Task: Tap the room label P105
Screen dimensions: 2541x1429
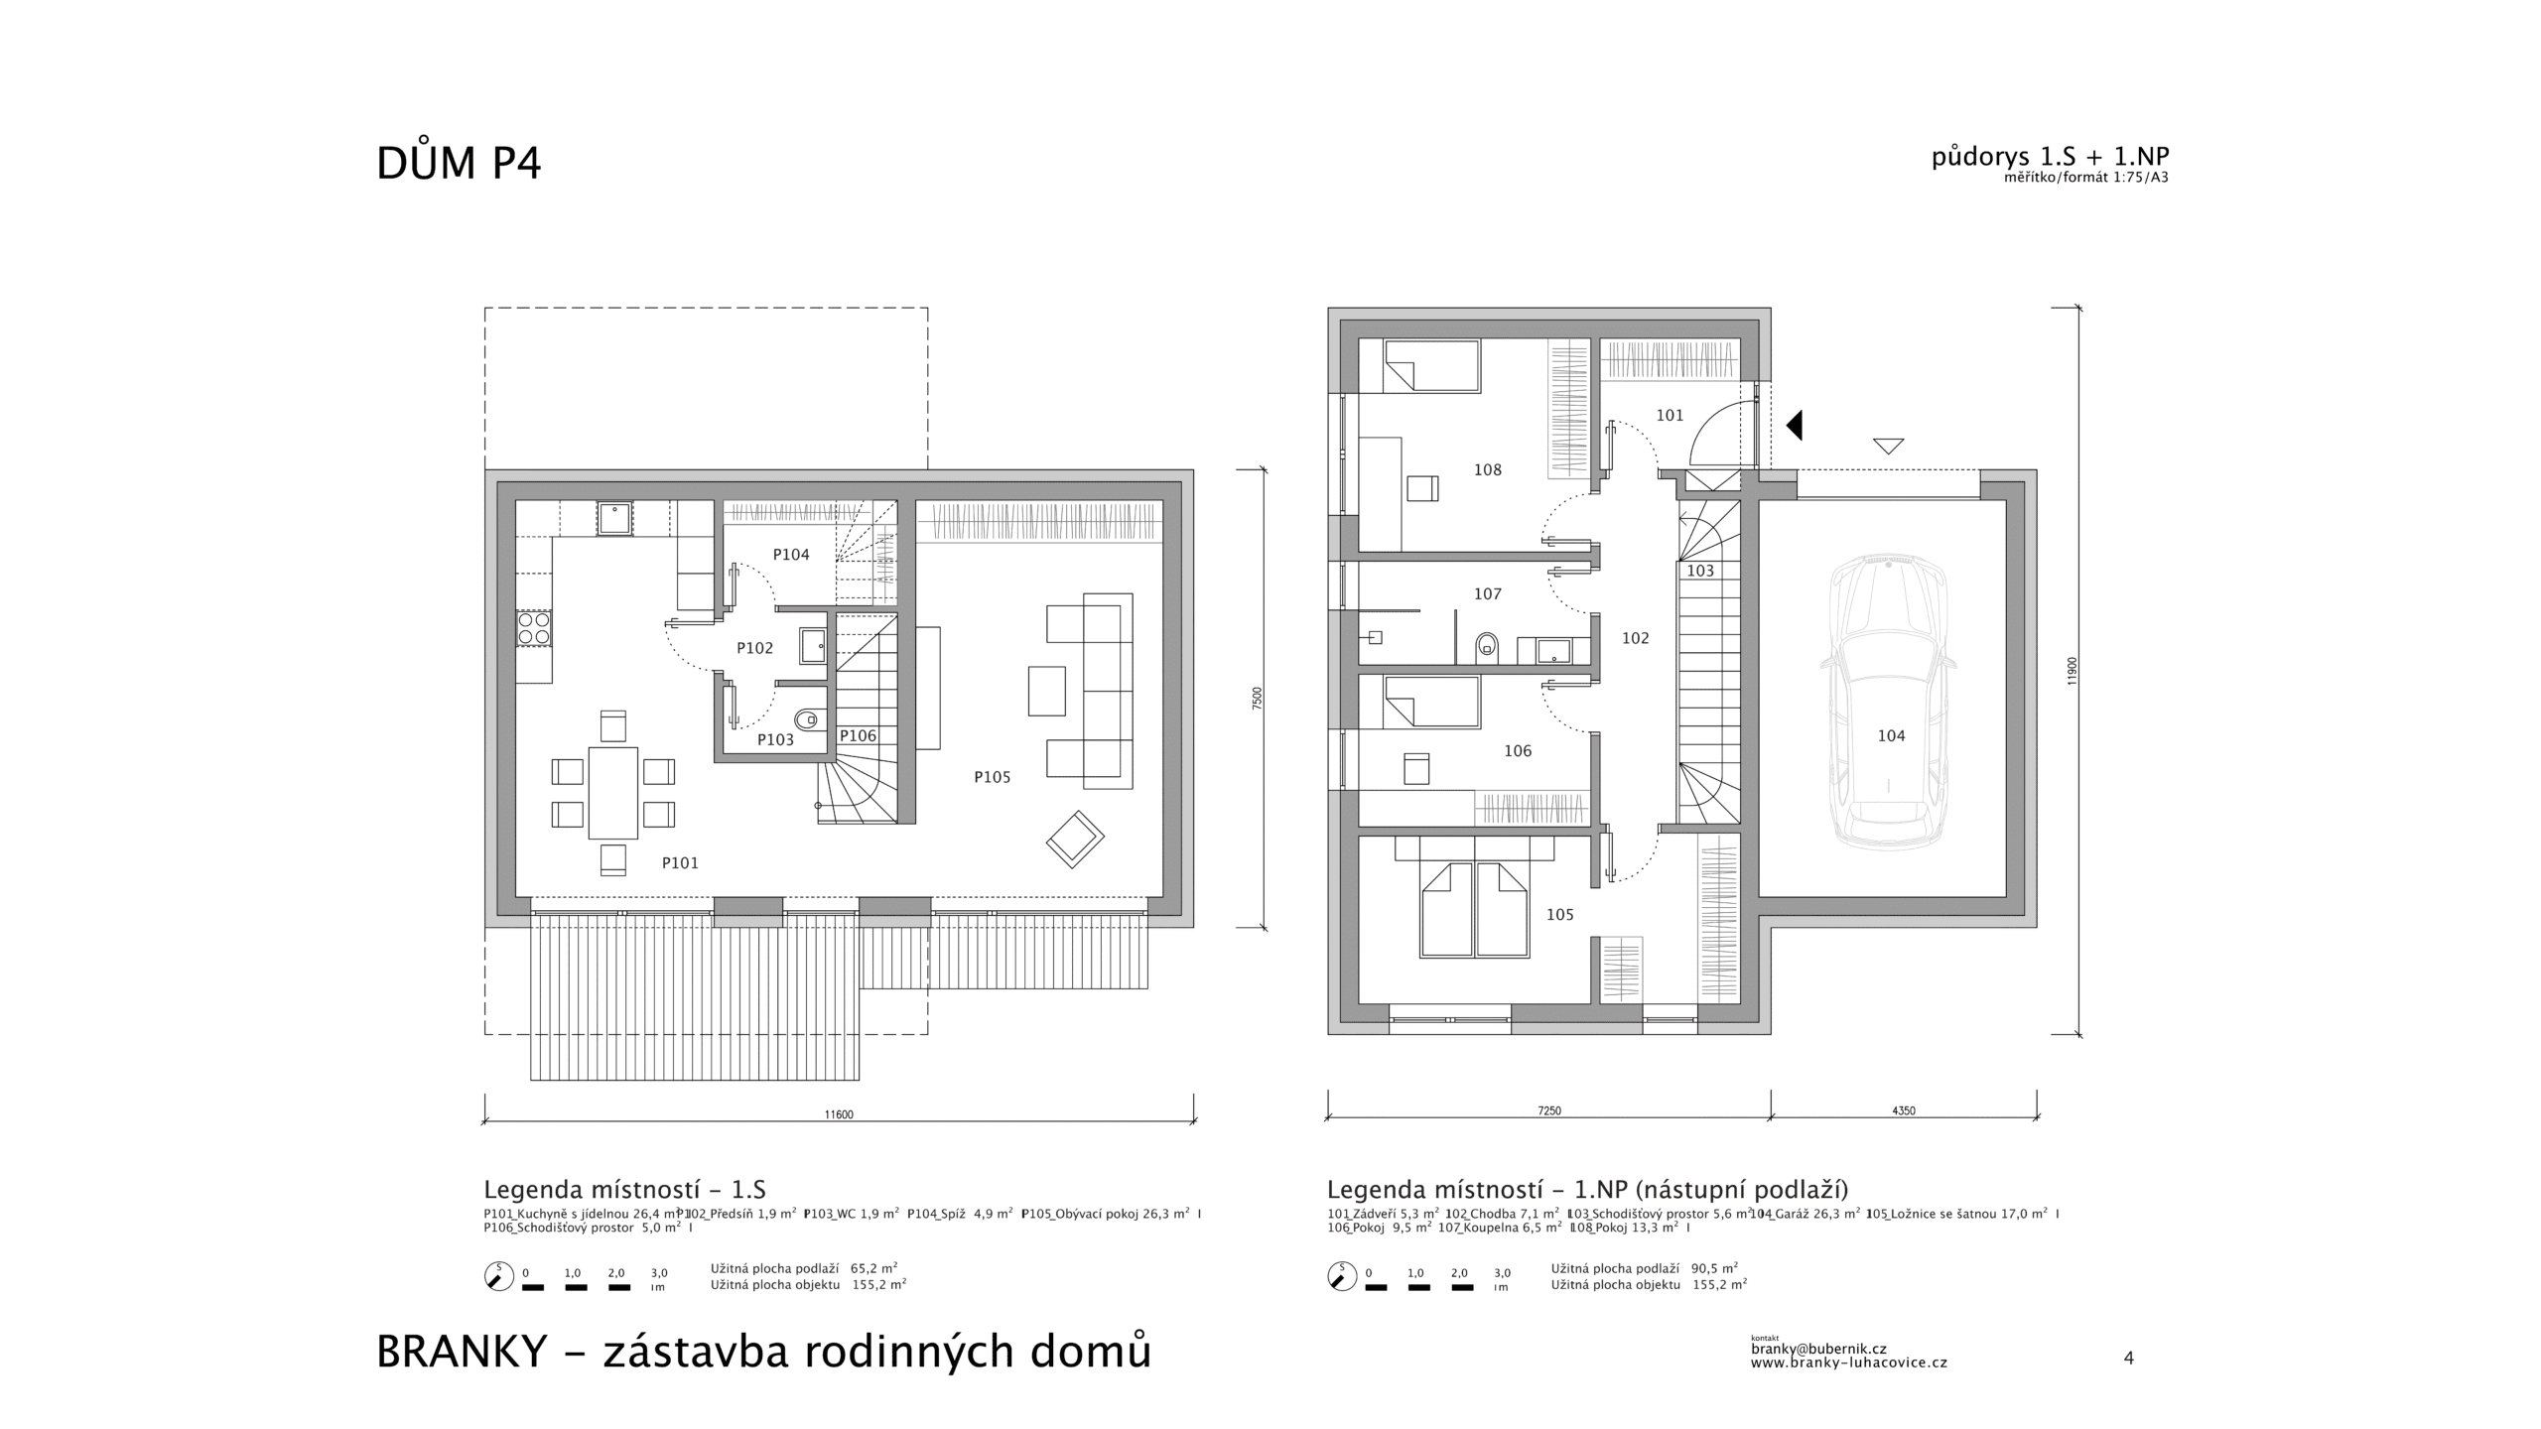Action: coord(992,777)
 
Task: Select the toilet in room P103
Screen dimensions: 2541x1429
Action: coord(810,718)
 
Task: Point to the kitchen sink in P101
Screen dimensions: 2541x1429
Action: coord(615,519)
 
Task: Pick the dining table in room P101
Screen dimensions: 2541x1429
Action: coord(612,793)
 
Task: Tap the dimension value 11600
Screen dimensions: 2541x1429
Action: coord(839,1114)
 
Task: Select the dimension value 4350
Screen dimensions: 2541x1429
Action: coord(1903,1110)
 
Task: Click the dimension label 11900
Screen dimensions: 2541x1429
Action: coord(2072,671)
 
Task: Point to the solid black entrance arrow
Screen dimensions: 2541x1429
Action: coord(1794,426)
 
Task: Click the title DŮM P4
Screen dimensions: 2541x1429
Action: coord(459,164)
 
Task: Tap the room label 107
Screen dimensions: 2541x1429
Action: coord(1487,593)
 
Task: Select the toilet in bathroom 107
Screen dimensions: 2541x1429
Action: coord(1487,646)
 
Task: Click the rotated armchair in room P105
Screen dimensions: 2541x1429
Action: coord(1075,840)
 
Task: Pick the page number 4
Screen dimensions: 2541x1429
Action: coord(2128,1358)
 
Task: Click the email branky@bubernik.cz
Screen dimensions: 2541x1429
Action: coord(1818,1349)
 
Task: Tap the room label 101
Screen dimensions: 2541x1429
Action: coord(1670,415)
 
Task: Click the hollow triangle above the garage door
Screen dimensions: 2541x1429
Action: coord(1888,446)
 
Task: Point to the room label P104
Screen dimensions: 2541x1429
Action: coord(791,555)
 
